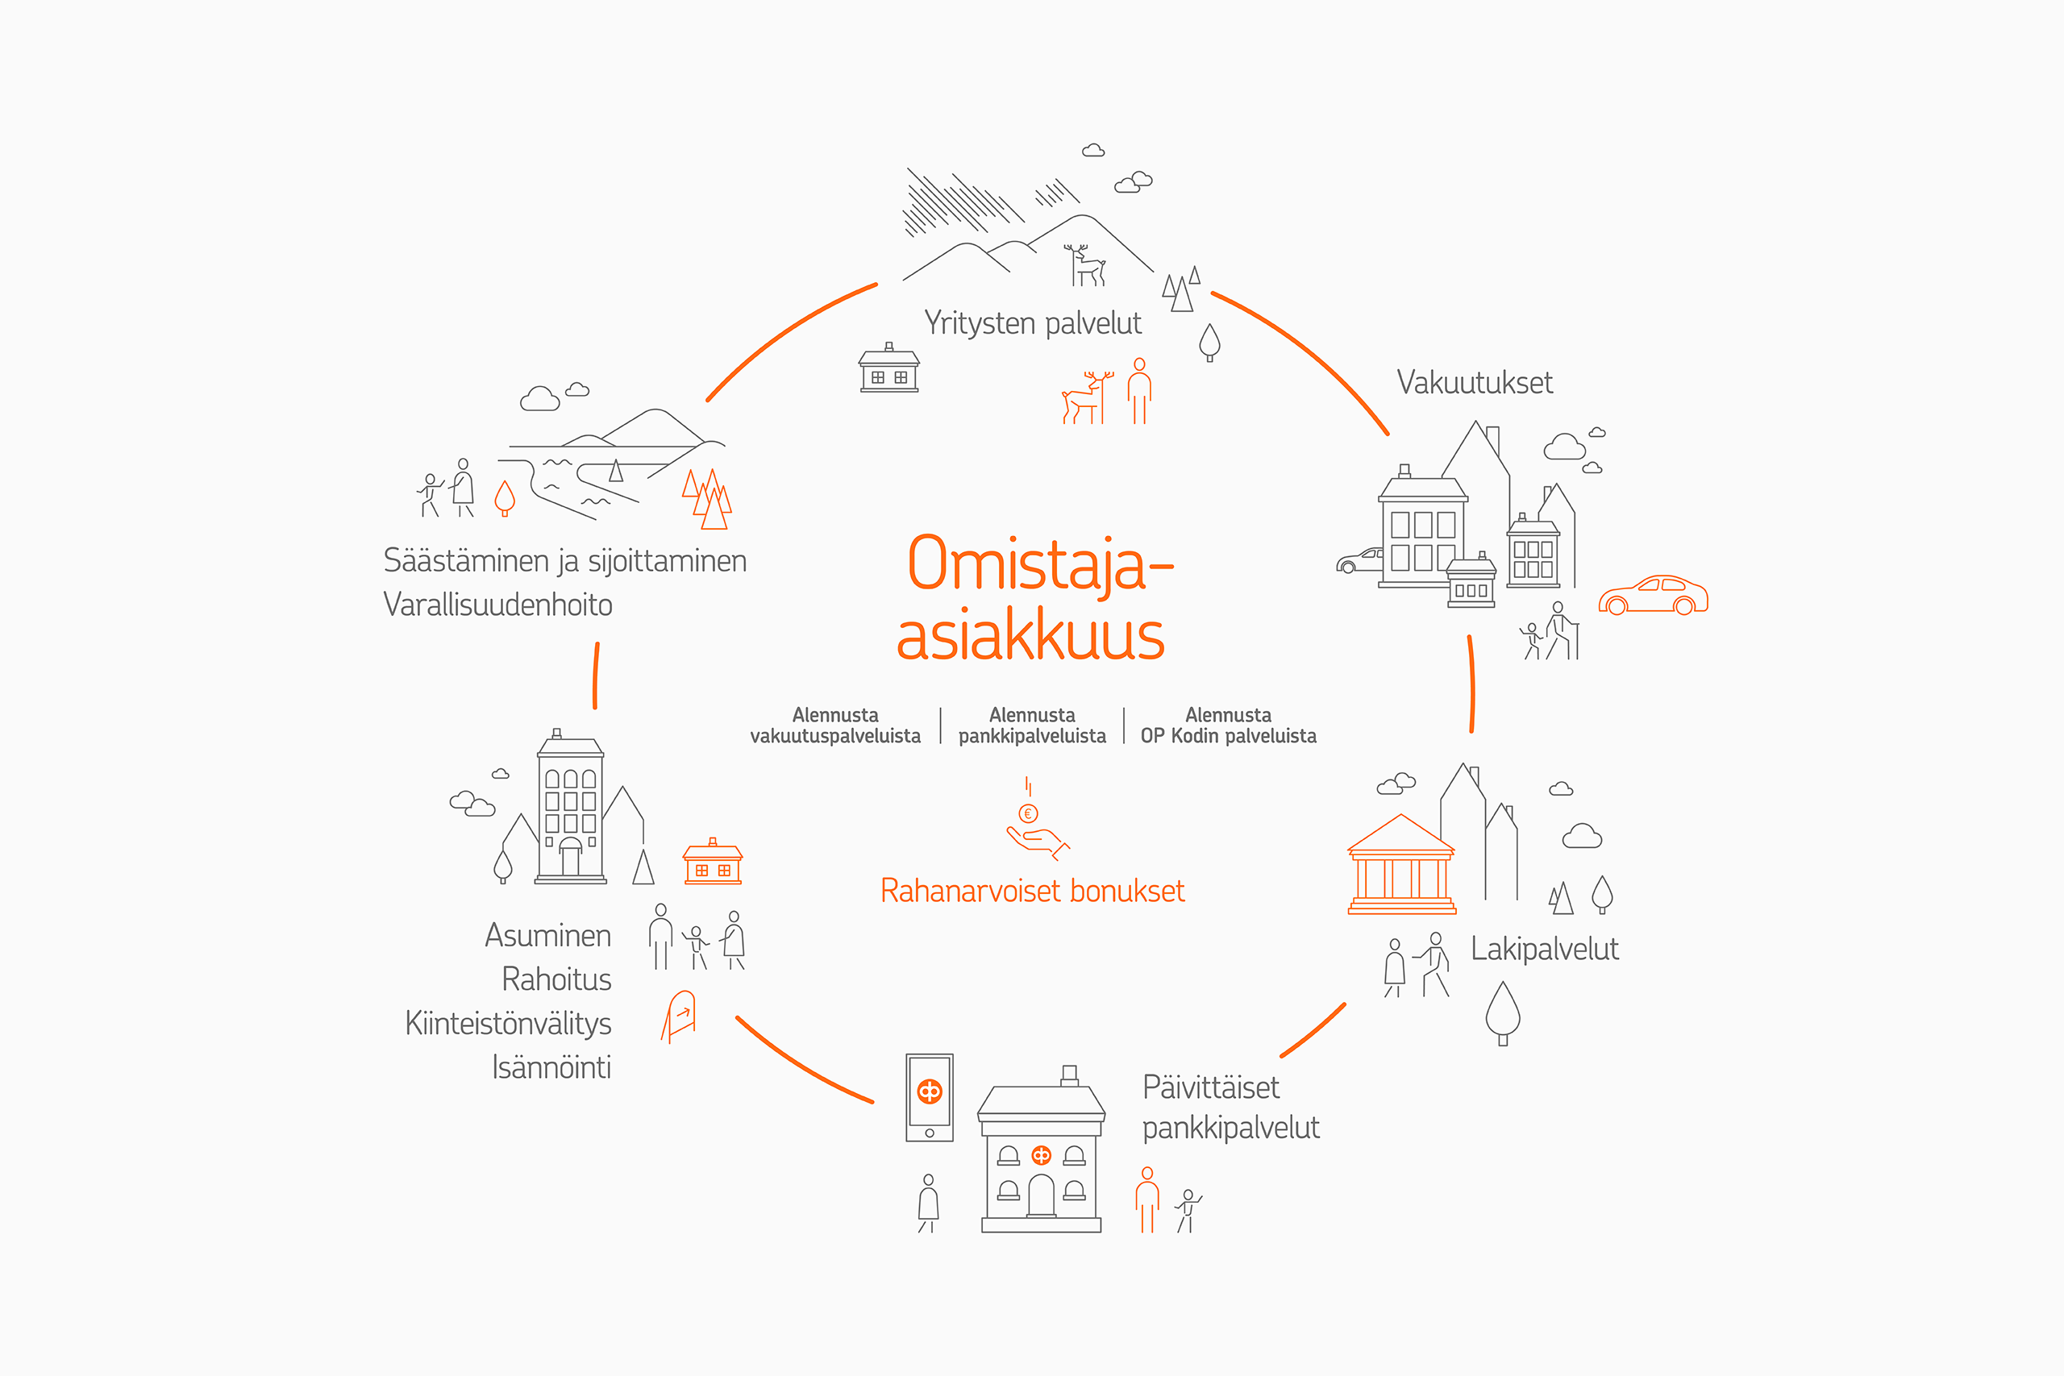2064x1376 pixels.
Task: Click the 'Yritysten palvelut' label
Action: [1032, 324]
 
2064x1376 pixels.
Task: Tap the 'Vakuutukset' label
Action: [1475, 383]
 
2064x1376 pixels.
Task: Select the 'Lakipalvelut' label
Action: [1545, 949]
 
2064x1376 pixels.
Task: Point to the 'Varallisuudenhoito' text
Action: [497, 605]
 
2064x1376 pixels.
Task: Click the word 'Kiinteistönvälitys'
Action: [508, 1023]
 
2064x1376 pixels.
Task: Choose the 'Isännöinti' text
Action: [551, 1067]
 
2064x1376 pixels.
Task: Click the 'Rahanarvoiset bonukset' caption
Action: [1032, 891]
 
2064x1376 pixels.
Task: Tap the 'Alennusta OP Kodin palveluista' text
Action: [1228, 725]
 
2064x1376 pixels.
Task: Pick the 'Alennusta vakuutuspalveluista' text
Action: [835, 725]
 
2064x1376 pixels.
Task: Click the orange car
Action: [1653, 596]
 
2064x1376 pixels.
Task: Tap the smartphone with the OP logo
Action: [930, 1097]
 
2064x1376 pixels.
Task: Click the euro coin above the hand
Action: [1028, 813]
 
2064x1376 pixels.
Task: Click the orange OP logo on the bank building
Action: [1041, 1155]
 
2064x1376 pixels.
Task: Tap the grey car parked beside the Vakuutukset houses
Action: [1359, 560]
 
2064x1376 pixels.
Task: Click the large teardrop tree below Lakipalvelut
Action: [1502, 1012]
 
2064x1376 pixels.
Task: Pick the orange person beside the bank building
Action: [1147, 1199]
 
